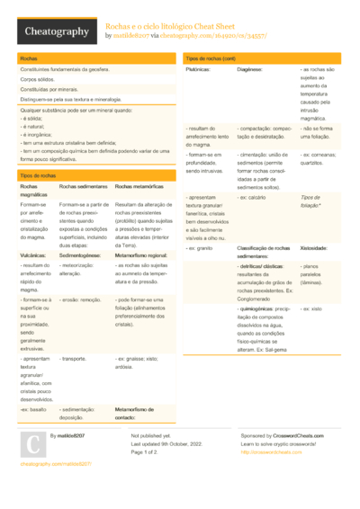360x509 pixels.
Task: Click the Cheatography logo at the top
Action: click(x=55, y=31)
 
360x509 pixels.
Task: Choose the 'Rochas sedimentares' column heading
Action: click(x=84, y=186)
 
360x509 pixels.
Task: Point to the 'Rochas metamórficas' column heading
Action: click(x=141, y=186)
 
